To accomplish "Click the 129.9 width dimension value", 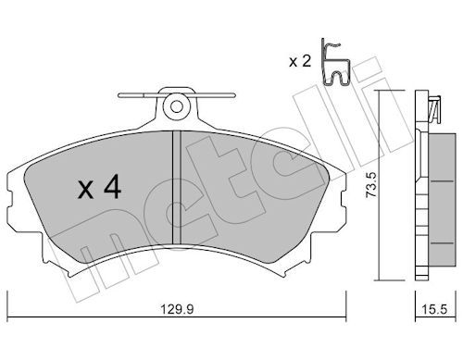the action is point(177,309).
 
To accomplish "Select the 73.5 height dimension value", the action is point(370,185).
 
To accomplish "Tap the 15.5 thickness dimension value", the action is point(434,309).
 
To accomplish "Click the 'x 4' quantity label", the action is point(99,187).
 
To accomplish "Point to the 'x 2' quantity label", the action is point(300,62).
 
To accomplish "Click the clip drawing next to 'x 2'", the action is point(334,62).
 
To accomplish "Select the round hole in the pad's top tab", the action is point(177,106).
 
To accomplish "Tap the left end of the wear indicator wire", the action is point(119,95).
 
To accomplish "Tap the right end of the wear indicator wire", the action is point(234,95).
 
